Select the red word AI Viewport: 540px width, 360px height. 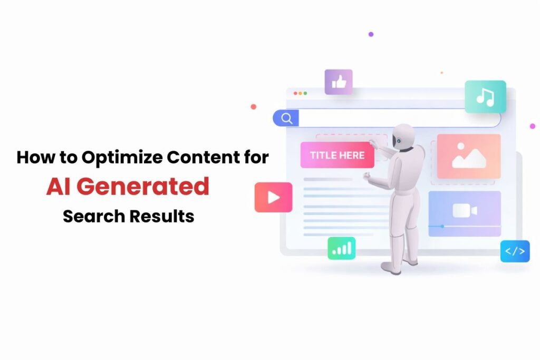58,187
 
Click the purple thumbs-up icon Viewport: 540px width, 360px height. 339,82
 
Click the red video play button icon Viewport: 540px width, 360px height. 273,197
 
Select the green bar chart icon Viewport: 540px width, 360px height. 341,248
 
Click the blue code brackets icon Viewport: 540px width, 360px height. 515,251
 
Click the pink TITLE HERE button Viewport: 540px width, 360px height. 337,155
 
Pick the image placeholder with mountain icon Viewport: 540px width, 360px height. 468,156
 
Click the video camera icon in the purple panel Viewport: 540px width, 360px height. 465,211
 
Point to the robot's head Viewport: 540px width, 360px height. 403,136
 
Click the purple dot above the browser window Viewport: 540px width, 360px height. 371,34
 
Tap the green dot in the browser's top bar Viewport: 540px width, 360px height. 305,93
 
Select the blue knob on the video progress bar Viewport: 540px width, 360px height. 442,226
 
